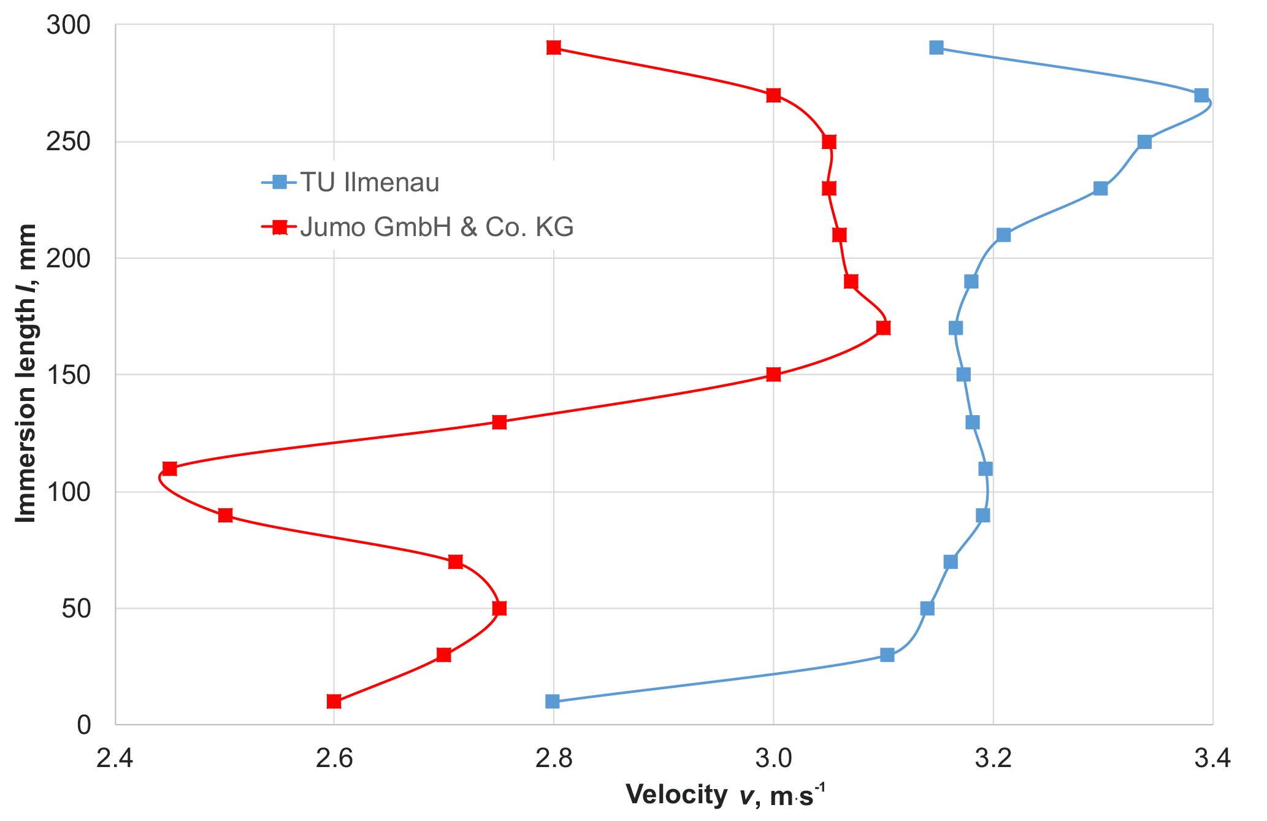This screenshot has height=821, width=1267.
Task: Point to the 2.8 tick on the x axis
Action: (x=553, y=759)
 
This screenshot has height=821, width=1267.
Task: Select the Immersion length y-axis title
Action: (x=26, y=374)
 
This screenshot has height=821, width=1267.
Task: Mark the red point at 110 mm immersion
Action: (x=170, y=469)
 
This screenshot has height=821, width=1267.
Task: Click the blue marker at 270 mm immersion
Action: (x=1201, y=96)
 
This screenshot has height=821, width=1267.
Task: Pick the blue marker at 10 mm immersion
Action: (x=552, y=701)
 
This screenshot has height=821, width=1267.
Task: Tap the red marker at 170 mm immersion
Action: (x=883, y=328)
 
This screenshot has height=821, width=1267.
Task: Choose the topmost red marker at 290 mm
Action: (x=554, y=48)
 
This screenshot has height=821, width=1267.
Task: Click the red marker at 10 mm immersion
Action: (x=334, y=701)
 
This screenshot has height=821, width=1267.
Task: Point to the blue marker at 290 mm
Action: (x=936, y=48)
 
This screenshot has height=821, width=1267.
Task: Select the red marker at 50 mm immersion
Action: (x=499, y=608)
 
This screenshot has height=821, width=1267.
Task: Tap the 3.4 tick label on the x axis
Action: (x=1212, y=759)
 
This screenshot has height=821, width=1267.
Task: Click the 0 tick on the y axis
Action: (x=83, y=725)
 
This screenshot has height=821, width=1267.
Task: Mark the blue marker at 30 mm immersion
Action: (x=887, y=655)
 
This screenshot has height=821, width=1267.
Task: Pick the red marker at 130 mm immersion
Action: (x=499, y=422)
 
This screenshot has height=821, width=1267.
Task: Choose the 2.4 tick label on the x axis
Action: (x=115, y=759)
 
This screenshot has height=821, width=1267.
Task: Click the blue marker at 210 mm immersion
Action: (x=1003, y=235)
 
